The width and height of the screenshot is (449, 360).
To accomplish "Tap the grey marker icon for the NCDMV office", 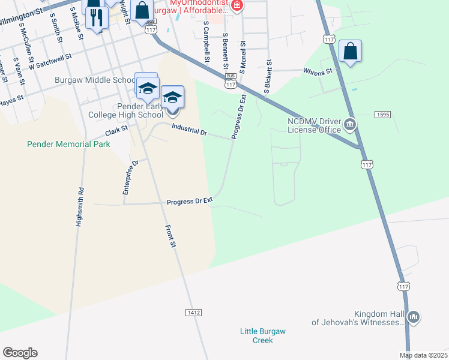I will [351, 125].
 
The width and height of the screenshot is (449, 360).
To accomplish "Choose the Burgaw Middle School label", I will [95, 80].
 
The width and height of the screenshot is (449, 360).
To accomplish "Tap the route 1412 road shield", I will [193, 313].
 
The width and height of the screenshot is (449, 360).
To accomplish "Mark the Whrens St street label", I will [318, 72].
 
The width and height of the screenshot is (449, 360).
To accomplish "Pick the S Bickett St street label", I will [268, 76].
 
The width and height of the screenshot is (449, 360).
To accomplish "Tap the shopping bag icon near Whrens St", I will [350, 52].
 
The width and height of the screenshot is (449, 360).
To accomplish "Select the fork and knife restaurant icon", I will [96, 17].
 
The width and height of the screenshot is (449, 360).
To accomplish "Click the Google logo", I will [20, 353].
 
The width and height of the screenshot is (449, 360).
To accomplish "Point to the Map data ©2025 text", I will [423, 355].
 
